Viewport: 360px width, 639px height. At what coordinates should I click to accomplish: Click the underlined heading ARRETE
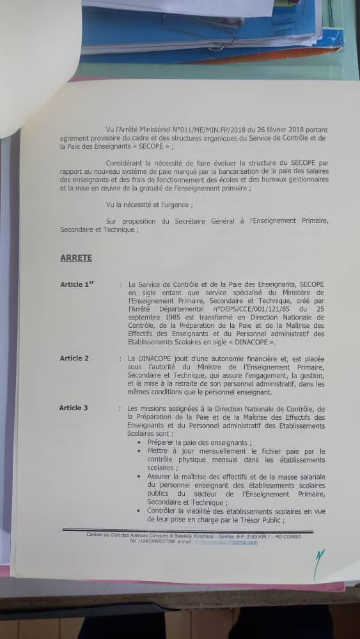[x=76, y=258]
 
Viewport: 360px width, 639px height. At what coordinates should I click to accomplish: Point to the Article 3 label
[x=74, y=408]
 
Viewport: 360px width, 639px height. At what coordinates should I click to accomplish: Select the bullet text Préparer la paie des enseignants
[x=199, y=442]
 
